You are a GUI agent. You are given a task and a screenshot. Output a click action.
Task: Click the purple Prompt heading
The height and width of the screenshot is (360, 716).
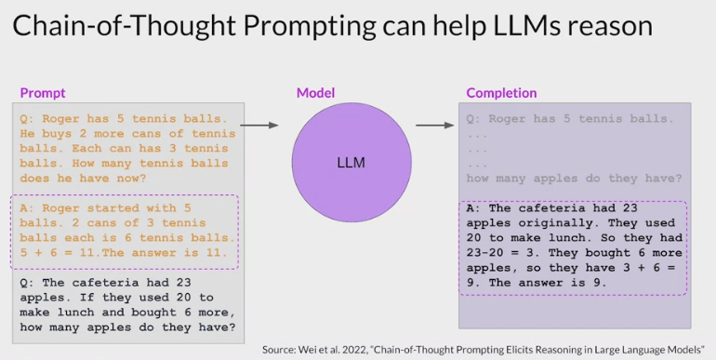pyautogui.click(x=43, y=93)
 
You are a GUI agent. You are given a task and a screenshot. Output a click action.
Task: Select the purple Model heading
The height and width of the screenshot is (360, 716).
pyautogui.click(x=315, y=93)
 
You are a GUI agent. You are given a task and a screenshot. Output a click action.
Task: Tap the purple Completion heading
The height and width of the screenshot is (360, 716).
pyautogui.click(x=501, y=93)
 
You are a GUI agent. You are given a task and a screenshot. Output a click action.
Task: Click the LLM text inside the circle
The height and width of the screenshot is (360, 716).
pyautogui.click(x=351, y=163)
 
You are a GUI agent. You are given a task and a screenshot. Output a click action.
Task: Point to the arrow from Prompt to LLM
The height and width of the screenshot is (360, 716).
pyautogui.click(x=259, y=126)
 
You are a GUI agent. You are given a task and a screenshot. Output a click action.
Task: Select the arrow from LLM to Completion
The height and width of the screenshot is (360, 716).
pyautogui.click(x=435, y=126)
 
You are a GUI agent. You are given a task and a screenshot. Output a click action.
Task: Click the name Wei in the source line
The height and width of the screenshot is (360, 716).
pyautogui.click(x=306, y=351)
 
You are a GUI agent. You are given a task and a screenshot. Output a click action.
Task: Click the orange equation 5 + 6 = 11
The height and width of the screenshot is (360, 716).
pyautogui.click(x=57, y=253)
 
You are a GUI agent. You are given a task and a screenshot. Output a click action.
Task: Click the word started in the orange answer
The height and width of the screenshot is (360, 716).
pyautogui.click(x=113, y=207)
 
